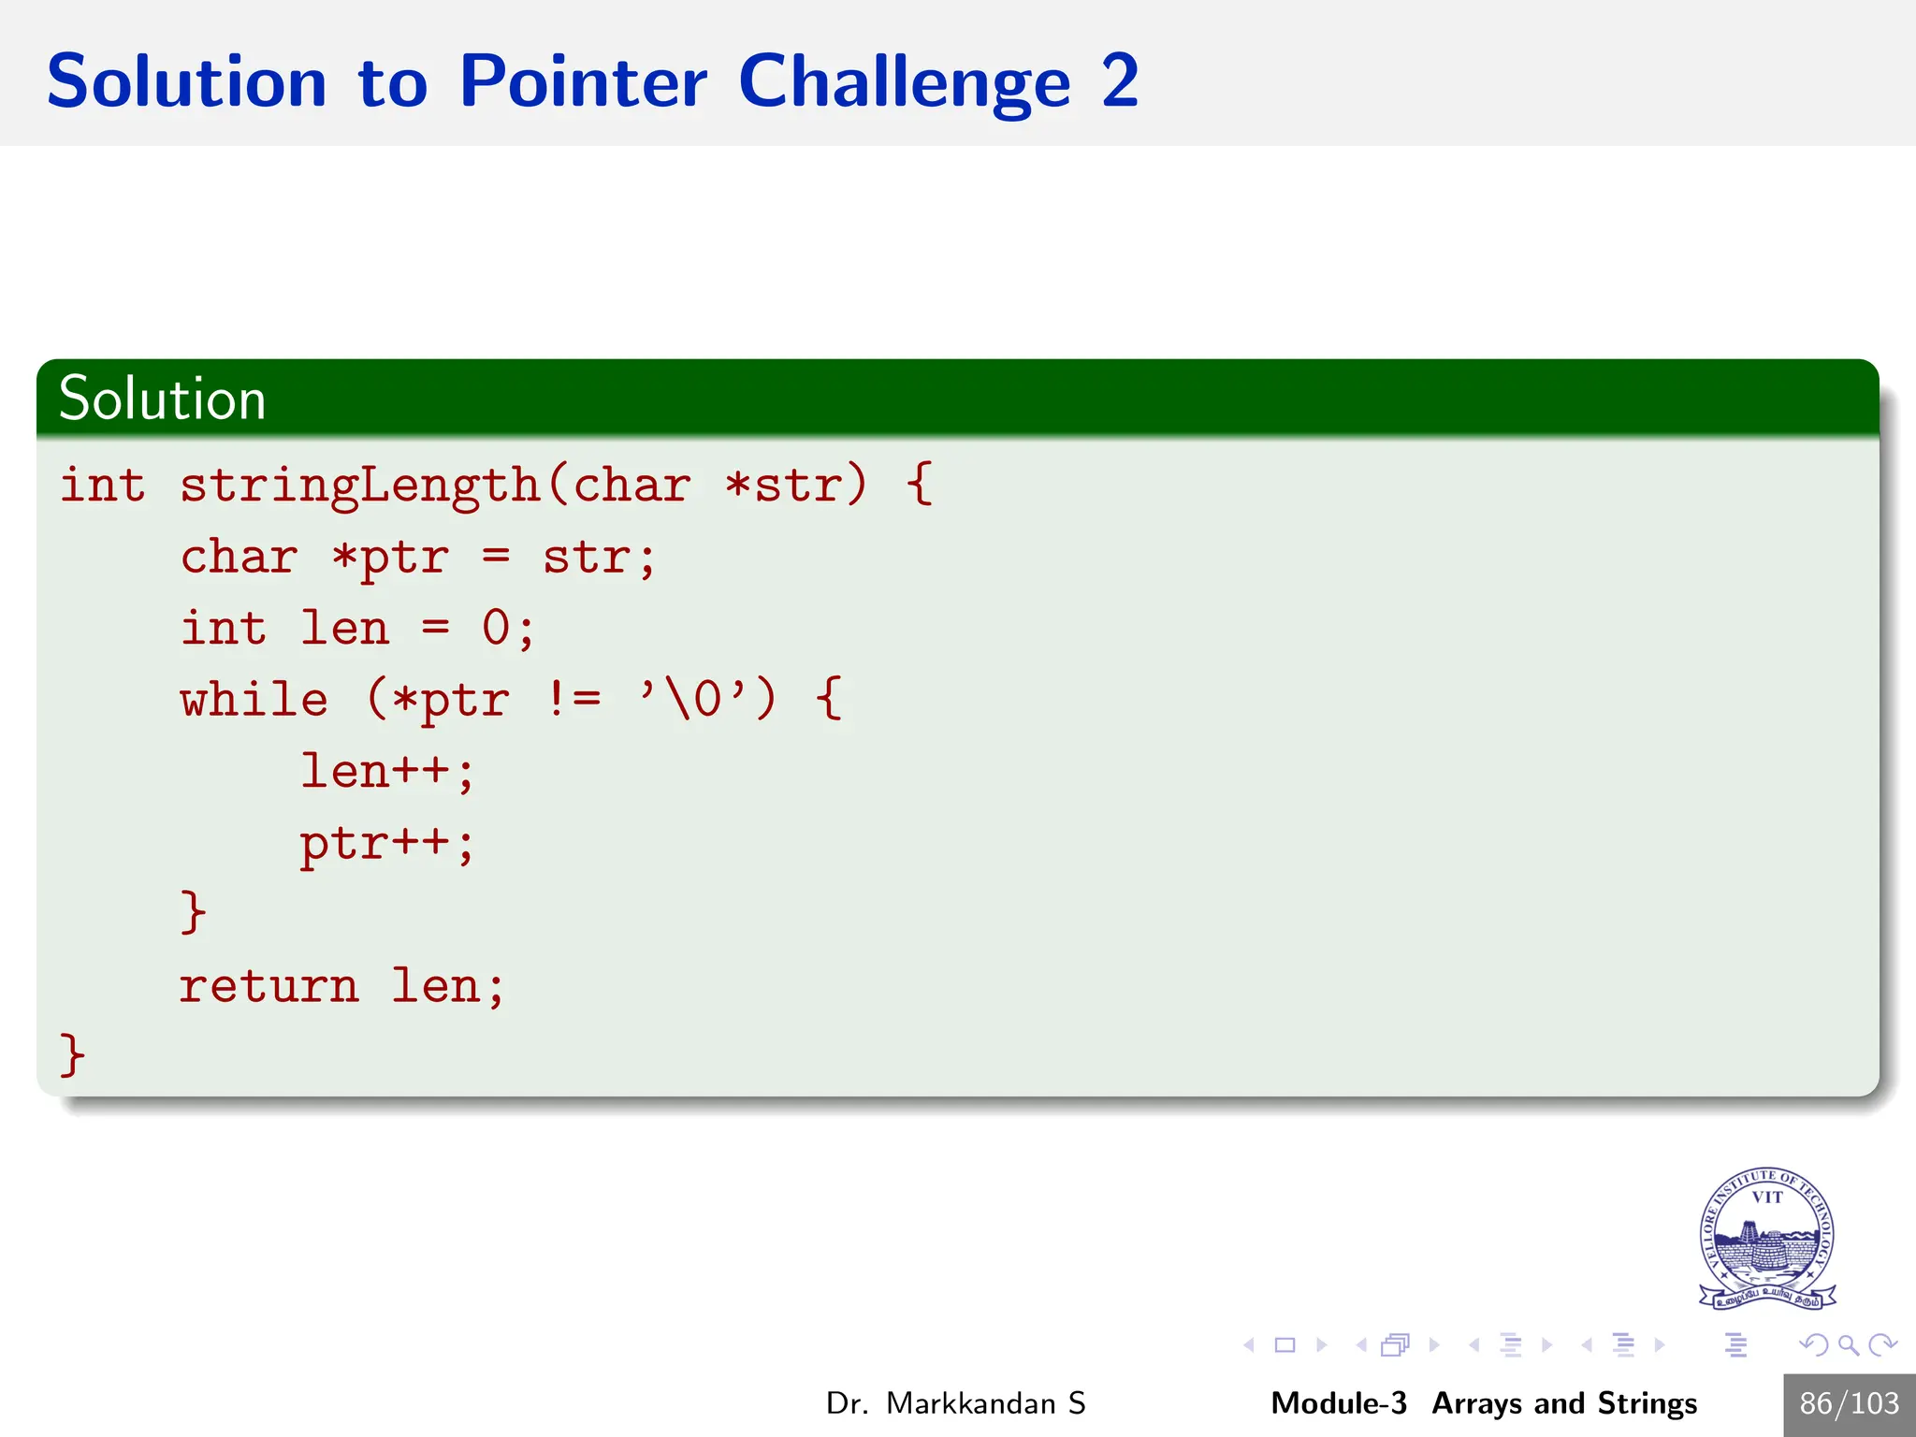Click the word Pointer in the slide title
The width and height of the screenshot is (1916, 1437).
coord(582,82)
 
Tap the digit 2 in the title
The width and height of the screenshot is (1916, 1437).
coord(1120,82)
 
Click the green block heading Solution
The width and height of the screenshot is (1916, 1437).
coord(163,399)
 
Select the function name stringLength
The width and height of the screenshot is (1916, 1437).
coord(360,486)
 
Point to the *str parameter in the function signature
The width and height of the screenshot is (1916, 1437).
coord(784,486)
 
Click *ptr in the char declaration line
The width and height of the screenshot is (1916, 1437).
coord(390,559)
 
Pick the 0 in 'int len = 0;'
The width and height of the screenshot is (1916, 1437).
coord(496,629)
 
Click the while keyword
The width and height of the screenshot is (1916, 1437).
coord(254,700)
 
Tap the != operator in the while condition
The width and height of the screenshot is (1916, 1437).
coord(573,700)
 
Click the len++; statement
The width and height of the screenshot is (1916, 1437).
coord(387,772)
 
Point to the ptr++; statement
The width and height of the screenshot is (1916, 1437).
coord(387,844)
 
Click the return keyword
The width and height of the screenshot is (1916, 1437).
coord(269,986)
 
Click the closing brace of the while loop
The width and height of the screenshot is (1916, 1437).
coord(193,912)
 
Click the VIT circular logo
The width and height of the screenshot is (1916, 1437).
coord(1766,1237)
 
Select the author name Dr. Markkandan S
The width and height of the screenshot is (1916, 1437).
coord(955,1403)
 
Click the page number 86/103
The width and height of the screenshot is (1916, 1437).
coord(1849,1403)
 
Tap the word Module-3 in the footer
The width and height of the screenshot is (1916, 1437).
coord(1338,1403)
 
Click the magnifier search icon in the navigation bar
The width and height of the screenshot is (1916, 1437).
coord(1848,1345)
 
